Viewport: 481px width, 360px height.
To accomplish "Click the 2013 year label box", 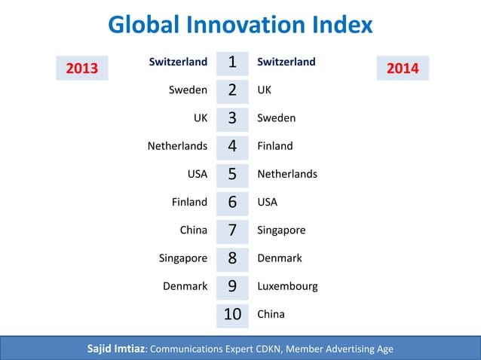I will (x=83, y=69).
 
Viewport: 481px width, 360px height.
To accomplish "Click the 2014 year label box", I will (x=403, y=69).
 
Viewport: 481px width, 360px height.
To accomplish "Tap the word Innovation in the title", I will (x=240, y=25).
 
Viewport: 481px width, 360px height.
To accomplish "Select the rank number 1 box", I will (x=232, y=62).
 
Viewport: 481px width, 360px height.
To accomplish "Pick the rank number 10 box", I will (x=232, y=314).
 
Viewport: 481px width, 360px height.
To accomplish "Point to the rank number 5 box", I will (x=232, y=174).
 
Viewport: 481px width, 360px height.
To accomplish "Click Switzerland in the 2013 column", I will (x=178, y=62).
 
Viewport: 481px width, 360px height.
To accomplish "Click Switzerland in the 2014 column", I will (x=286, y=62).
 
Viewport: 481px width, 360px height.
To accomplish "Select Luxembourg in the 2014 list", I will (x=287, y=286).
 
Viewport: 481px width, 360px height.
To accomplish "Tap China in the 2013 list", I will (x=193, y=230).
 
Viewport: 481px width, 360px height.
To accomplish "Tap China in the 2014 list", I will (x=271, y=314).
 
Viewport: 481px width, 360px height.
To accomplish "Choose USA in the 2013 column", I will (x=197, y=174).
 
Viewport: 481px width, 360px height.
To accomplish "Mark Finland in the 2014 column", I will (x=275, y=145).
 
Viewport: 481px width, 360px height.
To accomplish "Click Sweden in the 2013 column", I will (x=188, y=90).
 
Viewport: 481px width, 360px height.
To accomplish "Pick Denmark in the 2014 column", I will (x=280, y=258).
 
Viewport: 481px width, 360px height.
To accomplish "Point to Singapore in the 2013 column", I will (x=182, y=258).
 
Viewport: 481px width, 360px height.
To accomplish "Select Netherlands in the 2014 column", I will (x=287, y=174).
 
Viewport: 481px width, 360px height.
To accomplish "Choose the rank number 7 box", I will (x=232, y=230).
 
